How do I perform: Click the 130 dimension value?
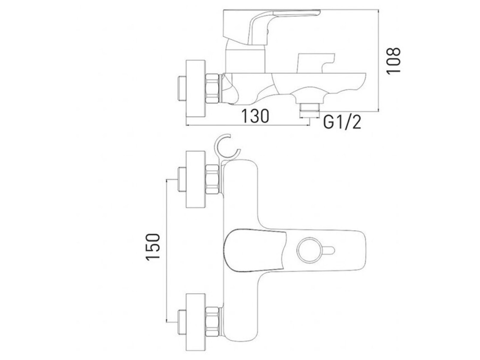coord(256,116)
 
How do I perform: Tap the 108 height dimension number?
coord(393,60)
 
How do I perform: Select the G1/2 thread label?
coord(342,122)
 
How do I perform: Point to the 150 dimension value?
coord(153,247)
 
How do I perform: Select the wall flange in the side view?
coord(196,89)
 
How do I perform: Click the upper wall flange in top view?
coord(196,179)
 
